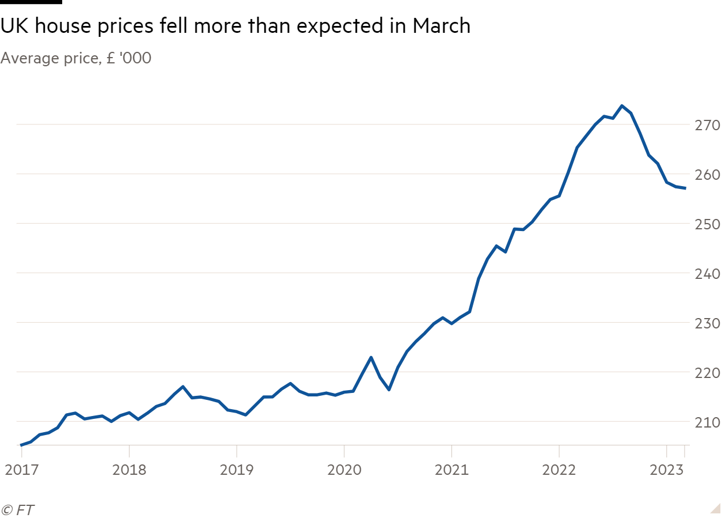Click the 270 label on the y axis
(707, 125)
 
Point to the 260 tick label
(707, 175)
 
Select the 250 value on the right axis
(707, 224)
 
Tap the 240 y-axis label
(707, 274)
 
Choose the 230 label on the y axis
(707, 323)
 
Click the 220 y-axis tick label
(707, 373)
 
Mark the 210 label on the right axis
(707, 422)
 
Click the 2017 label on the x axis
(21, 470)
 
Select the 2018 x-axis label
(129, 470)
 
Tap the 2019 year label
(237, 470)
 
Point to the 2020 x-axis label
(344, 470)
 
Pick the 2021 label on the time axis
(451, 470)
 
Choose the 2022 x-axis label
(559, 470)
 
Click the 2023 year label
(667, 470)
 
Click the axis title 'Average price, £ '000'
(76, 58)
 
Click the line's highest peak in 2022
(622, 105)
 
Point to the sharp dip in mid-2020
(389, 390)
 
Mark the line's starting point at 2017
(21, 445)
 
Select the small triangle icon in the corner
(715, 508)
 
